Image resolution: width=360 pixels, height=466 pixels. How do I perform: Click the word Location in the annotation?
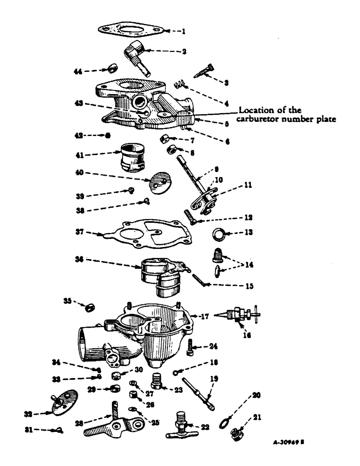(254, 110)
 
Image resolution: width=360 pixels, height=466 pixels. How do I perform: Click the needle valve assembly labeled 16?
(241, 314)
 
